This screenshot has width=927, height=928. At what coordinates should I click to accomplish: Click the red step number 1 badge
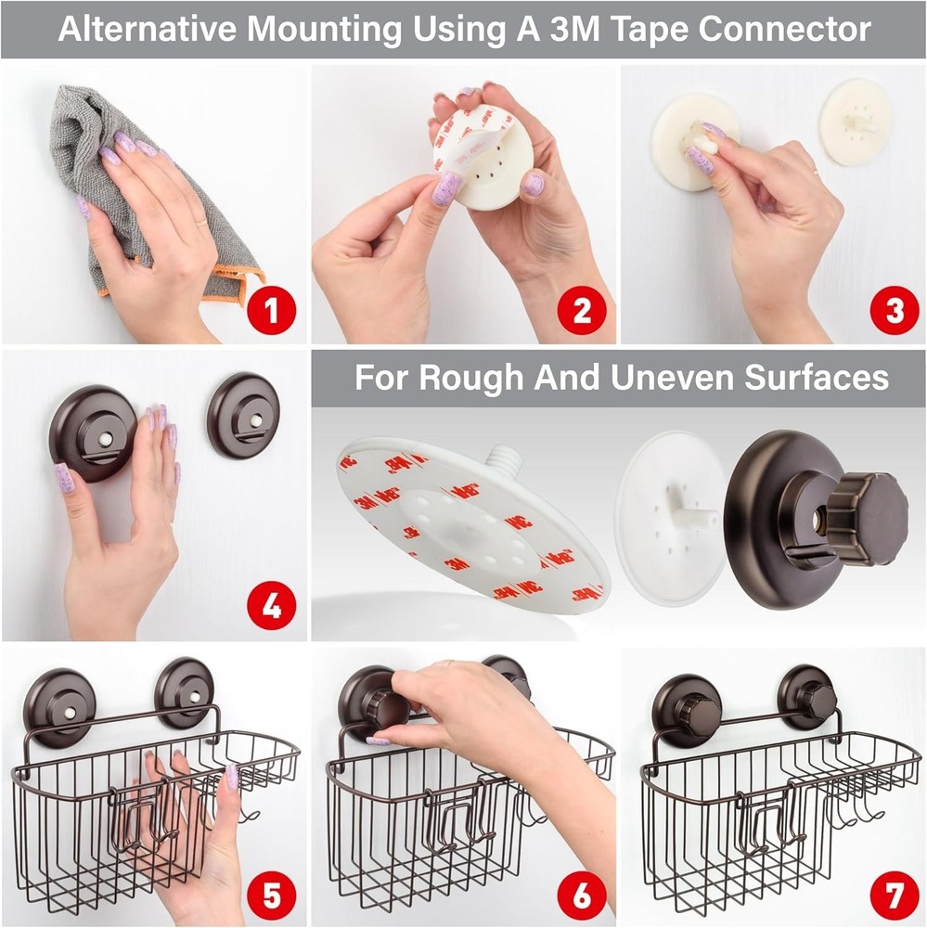coord(270,311)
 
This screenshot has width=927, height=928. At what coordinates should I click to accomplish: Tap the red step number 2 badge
coord(582,311)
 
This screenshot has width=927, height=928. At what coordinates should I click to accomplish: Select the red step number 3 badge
coord(893,311)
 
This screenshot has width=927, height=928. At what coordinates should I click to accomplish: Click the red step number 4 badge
coord(270,608)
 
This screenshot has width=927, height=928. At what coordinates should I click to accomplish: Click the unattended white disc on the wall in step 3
coord(855,122)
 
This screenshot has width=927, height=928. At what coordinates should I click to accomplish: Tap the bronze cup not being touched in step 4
coord(243,415)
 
